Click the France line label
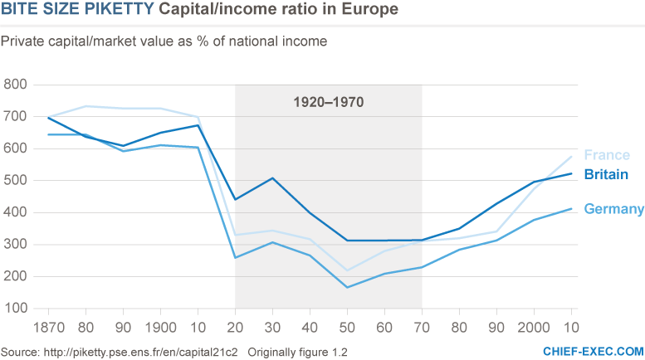[x=607, y=155]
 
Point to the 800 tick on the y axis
[x=17, y=85]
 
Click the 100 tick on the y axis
[x=17, y=308]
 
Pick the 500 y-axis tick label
[x=17, y=180]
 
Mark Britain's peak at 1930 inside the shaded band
[x=272, y=178]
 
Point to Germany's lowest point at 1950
[x=347, y=287]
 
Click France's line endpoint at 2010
[x=571, y=157]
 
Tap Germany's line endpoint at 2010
[x=571, y=208]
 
